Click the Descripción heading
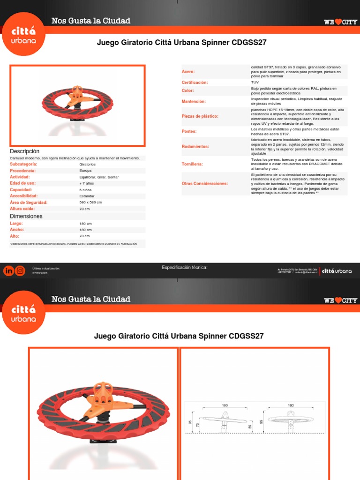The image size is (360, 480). coord(25,151)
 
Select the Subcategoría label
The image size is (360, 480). coord(23,165)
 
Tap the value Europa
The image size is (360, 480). coord(86,171)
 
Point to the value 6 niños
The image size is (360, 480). coord(86,190)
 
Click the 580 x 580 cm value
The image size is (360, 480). coord(90,202)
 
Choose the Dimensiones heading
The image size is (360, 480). coord(26,216)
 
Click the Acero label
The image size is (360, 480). coord(188,72)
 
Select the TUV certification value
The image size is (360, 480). coord(255,82)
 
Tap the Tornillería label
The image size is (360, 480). coord(192,165)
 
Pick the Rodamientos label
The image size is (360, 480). coord(195,147)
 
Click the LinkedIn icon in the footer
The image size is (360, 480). coord(9,270)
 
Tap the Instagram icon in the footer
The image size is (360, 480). coord(20,270)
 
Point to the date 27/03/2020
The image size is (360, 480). coord(40,273)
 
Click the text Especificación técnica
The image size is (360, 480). coord(185,268)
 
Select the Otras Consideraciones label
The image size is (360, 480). coord(205,183)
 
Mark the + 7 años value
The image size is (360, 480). coord(86,184)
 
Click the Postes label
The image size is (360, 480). coord(189,132)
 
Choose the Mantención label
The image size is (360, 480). coord(194,101)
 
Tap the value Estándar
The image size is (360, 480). coord(87,196)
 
